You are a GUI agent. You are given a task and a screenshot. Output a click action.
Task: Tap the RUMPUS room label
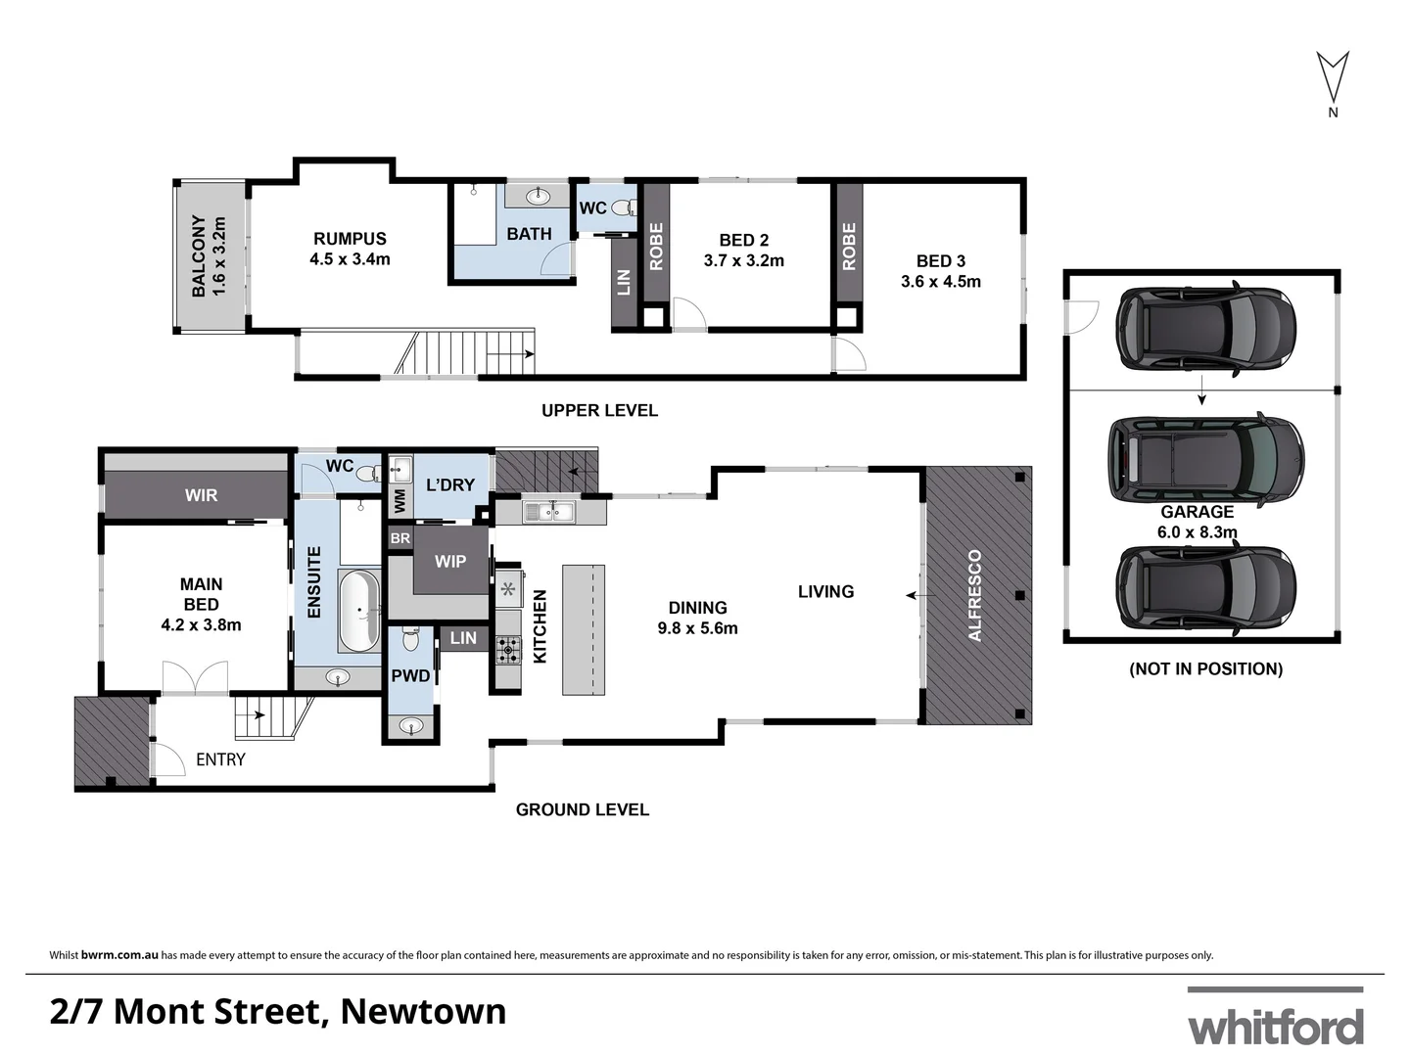pos(350,238)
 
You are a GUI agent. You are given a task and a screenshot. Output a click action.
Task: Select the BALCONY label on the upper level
pos(199,256)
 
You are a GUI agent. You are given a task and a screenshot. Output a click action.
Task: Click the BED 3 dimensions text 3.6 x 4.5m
pos(941,282)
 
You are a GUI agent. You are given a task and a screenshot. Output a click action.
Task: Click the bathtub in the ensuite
pos(358,611)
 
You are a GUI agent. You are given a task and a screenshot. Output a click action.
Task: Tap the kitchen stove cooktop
pos(508,649)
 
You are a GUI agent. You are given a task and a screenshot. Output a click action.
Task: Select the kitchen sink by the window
pos(547,511)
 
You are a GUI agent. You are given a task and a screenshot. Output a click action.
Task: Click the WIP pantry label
pos(450,562)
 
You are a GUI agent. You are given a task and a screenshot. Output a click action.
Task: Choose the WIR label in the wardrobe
pos(201,495)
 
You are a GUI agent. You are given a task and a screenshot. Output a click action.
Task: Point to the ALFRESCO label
pos(975,595)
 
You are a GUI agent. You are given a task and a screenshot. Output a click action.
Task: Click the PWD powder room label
pos(410,675)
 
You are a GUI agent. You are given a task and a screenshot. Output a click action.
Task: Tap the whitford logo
pos(1275,1026)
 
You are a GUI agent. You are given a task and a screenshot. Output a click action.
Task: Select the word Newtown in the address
pos(423,1011)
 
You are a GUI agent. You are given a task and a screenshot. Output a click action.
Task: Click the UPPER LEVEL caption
pos(599,411)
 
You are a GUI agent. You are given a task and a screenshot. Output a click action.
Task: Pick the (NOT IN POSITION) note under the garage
pos(1205,669)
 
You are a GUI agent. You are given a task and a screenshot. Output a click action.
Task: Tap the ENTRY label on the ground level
pos(220,759)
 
